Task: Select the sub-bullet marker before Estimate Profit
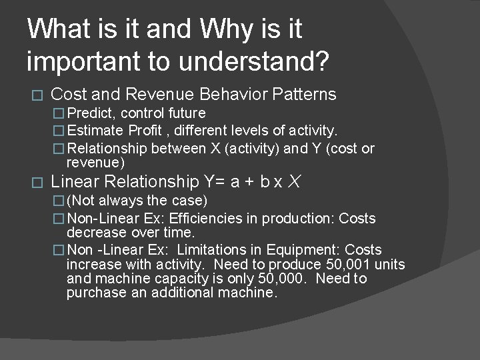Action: tap(58, 129)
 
